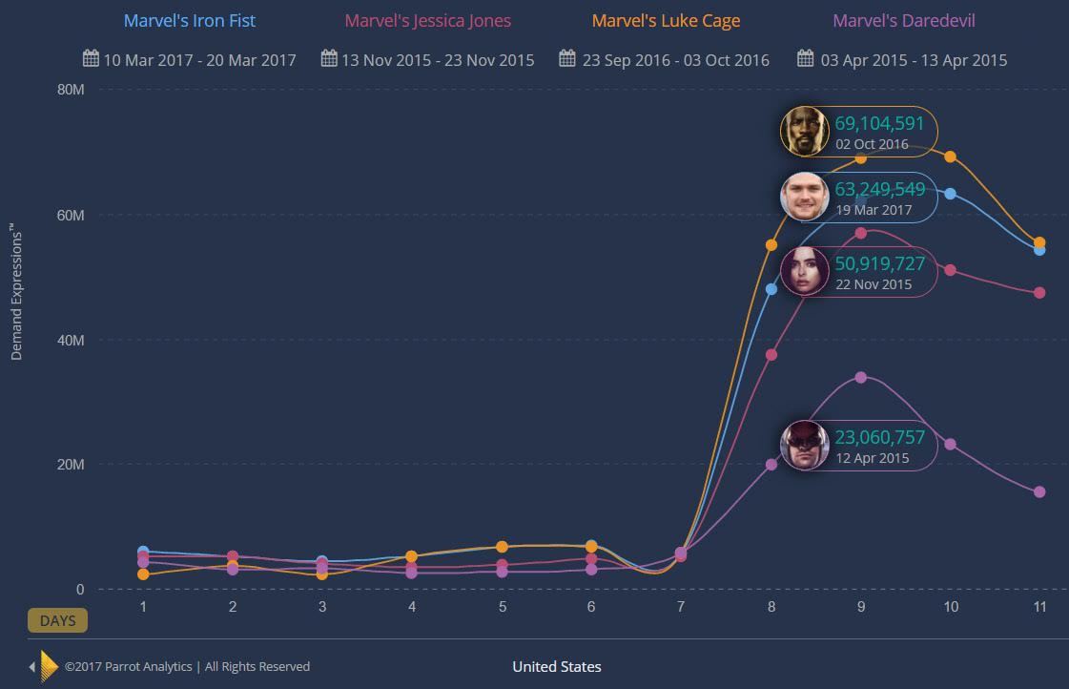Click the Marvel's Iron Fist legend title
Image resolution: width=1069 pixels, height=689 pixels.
(x=190, y=20)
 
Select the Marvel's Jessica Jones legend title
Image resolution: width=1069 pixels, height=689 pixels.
(x=427, y=20)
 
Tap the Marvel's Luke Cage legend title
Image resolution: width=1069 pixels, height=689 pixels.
(x=666, y=20)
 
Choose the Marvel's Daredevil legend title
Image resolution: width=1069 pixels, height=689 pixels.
(x=904, y=20)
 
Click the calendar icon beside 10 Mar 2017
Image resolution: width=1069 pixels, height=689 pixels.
(x=92, y=59)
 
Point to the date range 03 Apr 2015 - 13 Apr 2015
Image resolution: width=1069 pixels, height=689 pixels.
(x=914, y=60)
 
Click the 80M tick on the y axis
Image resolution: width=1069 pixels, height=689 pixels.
(x=72, y=90)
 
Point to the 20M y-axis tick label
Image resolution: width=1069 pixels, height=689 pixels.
(x=72, y=465)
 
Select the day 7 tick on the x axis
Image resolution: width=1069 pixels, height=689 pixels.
(x=680, y=607)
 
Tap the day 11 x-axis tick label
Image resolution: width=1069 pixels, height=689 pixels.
(x=1039, y=607)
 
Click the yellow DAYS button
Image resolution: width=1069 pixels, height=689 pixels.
(x=57, y=620)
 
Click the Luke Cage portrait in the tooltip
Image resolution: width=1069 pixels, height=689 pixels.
(x=804, y=131)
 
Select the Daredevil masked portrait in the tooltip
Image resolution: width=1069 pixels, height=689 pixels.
(x=804, y=445)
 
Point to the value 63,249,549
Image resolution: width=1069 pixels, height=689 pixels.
(x=879, y=189)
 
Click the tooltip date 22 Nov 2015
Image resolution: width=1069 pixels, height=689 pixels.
(x=874, y=284)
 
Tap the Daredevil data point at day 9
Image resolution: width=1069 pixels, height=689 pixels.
(x=861, y=377)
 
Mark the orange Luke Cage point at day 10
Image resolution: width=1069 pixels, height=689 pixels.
(x=950, y=157)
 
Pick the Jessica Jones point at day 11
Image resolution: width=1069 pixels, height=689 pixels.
(x=1039, y=293)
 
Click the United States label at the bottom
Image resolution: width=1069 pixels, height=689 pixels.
(x=557, y=666)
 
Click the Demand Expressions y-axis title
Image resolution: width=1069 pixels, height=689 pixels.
(x=15, y=292)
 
